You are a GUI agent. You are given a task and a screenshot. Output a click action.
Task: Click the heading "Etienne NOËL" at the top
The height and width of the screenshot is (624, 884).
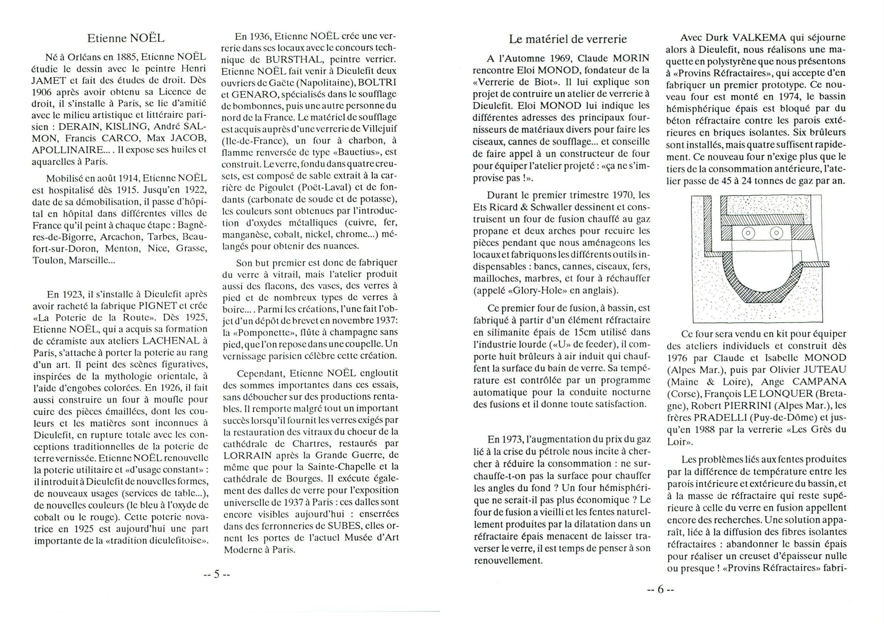pos(126,38)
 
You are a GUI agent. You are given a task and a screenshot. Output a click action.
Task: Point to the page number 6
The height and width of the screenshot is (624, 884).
pos(661,589)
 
